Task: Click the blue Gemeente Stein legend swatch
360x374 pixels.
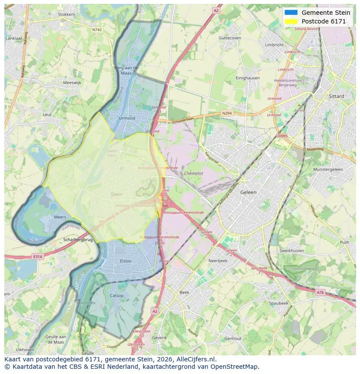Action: [x=291, y=13]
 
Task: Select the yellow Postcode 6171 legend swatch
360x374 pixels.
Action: [x=291, y=21]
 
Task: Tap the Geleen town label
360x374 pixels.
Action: [x=249, y=192]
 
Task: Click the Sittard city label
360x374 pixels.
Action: [x=337, y=96]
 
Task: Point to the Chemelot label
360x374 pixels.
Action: [x=193, y=173]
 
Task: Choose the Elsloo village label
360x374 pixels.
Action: [x=128, y=261]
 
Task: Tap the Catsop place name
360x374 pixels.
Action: [x=117, y=296]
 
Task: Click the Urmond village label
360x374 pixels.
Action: [x=127, y=118]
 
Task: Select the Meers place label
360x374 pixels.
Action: [x=60, y=217]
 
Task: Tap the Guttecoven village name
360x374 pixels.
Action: [x=230, y=38]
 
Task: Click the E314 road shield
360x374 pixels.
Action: [x=38, y=257]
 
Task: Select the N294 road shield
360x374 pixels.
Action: [x=227, y=113]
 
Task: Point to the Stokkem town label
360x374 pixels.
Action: [x=67, y=14]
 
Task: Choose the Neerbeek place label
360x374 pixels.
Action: [x=218, y=261]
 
